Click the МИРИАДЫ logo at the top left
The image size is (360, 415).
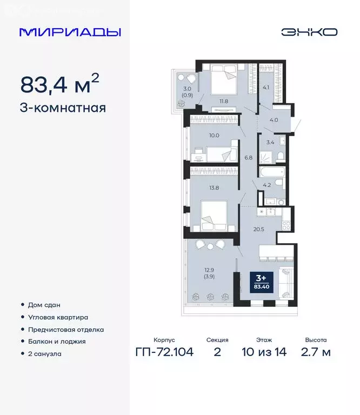pyautogui.click(x=70, y=32)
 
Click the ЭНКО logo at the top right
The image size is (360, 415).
pyautogui.click(x=309, y=32)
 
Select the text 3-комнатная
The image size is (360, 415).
pyautogui.click(x=63, y=108)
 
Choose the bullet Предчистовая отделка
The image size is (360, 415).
pyautogui.click(x=65, y=329)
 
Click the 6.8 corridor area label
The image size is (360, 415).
pyautogui.click(x=249, y=158)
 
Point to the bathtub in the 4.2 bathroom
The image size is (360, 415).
pyautogui.click(x=271, y=172)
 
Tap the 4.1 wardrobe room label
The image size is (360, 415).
pyautogui.click(x=266, y=85)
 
